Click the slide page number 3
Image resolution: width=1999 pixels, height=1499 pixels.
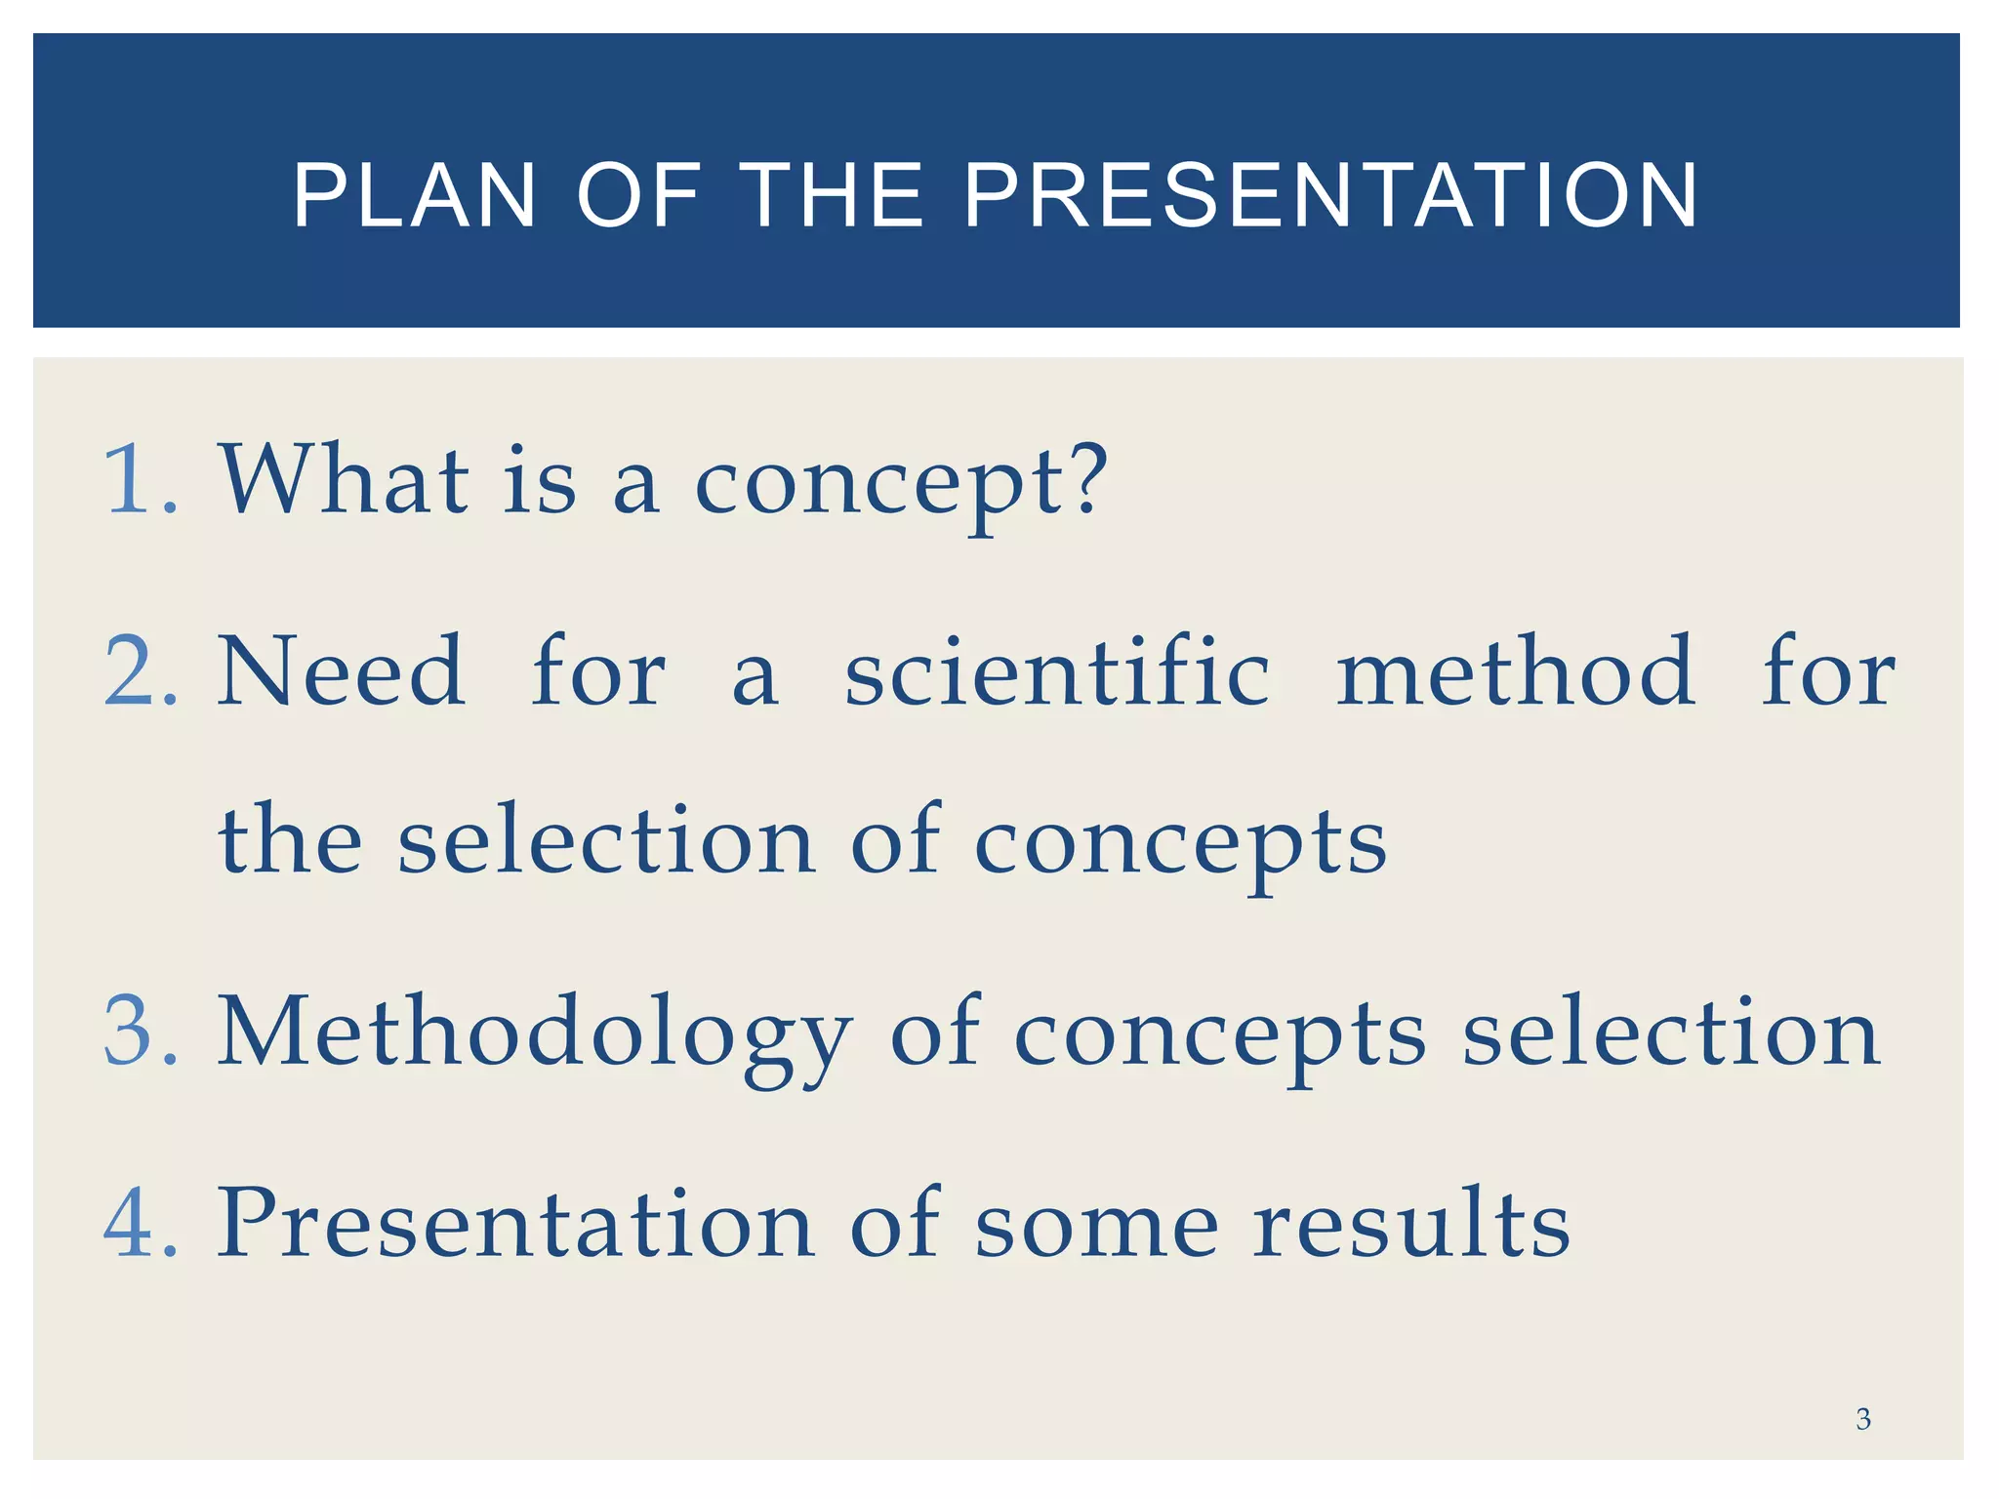(1862, 1419)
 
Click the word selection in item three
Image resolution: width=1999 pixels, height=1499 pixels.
(1670, 1032)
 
